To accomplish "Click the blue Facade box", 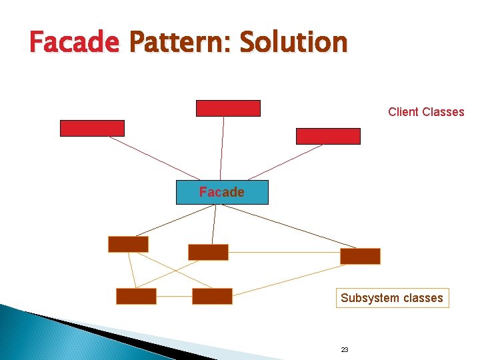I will click(x=222, y=192).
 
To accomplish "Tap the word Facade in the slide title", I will click(x=74, y=43).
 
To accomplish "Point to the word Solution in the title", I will click(x=293, y=43).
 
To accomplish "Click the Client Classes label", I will click(x=425, y=112).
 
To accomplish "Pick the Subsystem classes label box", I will click(x=391, y=298).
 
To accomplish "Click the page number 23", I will click(x=344, y=349).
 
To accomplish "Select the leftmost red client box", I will click(x=92, y=128).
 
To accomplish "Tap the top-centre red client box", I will click(x=228, y=108).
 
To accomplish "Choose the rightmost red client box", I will click(x=328, y=136).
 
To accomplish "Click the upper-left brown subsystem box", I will click(x=128, y=244).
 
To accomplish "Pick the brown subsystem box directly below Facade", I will click(x=208, y=252).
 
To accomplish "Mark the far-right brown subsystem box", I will click(x=360, y=256).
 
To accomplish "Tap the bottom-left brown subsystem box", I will click(x=136, y=296).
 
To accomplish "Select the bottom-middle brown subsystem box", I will click(x=212, y=296).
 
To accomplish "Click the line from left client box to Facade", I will click(x=143, y=159).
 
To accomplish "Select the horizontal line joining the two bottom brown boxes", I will click(x=174, y=296).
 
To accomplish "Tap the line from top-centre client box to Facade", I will click(x=223, y=148).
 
